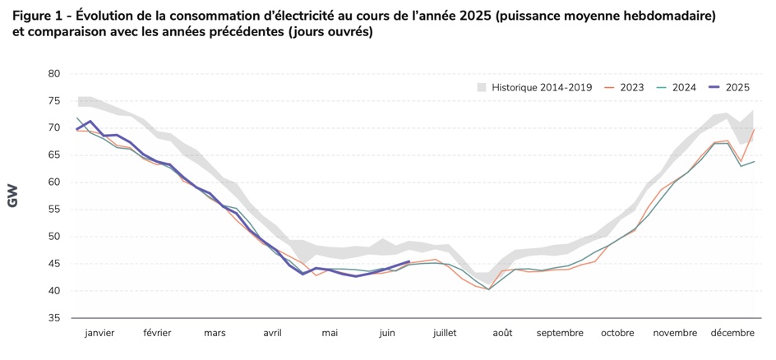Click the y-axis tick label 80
click(53, 73)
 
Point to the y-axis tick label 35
click(53, 318)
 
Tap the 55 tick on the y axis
click(53, 210)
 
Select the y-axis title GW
click(13, 196)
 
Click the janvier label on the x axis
click(99, 333)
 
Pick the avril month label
click(272, 333)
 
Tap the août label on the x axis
click(502, 333)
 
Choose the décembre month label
click(732, 333)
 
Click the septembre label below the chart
click(560, 333)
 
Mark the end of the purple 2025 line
click(409, 262)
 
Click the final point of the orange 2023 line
click(755, 129)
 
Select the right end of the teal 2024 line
click(755, 161)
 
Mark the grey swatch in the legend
click(482, 87)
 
